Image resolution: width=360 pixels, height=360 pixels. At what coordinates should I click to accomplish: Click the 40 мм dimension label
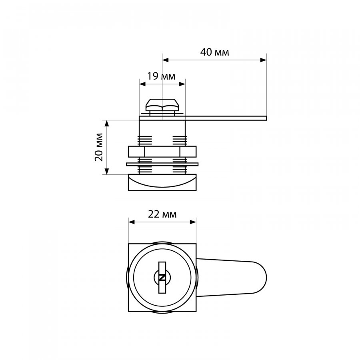[x=215, y=52]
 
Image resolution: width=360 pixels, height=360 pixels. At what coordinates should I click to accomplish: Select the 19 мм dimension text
[x=161, y=76]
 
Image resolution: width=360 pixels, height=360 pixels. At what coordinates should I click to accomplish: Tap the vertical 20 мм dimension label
[x=99, y=147]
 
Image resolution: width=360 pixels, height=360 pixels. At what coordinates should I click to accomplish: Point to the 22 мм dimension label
[x=162, y=214]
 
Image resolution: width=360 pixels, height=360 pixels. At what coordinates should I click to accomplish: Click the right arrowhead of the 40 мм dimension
[x=264, y=60]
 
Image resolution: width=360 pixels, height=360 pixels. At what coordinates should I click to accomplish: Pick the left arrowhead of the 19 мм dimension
[x=142, y=84]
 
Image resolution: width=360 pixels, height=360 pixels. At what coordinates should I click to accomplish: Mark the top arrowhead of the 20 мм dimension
[x=106, y=123]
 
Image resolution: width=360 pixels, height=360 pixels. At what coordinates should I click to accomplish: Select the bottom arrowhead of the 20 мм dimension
[x=106, y=171]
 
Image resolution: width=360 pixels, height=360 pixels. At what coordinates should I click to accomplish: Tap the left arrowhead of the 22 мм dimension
[x=131, y=222]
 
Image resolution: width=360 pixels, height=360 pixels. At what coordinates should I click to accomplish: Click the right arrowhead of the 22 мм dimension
[x=193, y=222]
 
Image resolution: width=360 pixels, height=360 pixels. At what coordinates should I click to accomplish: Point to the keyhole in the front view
[x=162, y=278]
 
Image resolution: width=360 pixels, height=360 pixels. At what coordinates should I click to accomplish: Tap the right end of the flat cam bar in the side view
[x=266, y=118]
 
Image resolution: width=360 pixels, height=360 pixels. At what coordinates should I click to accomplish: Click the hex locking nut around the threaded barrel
[x=162, y=152]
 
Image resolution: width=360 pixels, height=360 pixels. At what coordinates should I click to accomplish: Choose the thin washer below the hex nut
[x=162, y=164]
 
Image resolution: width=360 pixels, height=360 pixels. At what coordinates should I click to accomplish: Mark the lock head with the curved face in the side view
[x=162, y=182]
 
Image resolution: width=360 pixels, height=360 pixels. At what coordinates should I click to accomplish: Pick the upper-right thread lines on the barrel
[x=180, y=140]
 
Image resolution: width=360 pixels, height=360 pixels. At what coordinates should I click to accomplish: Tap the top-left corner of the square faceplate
[x=128, y=244]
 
